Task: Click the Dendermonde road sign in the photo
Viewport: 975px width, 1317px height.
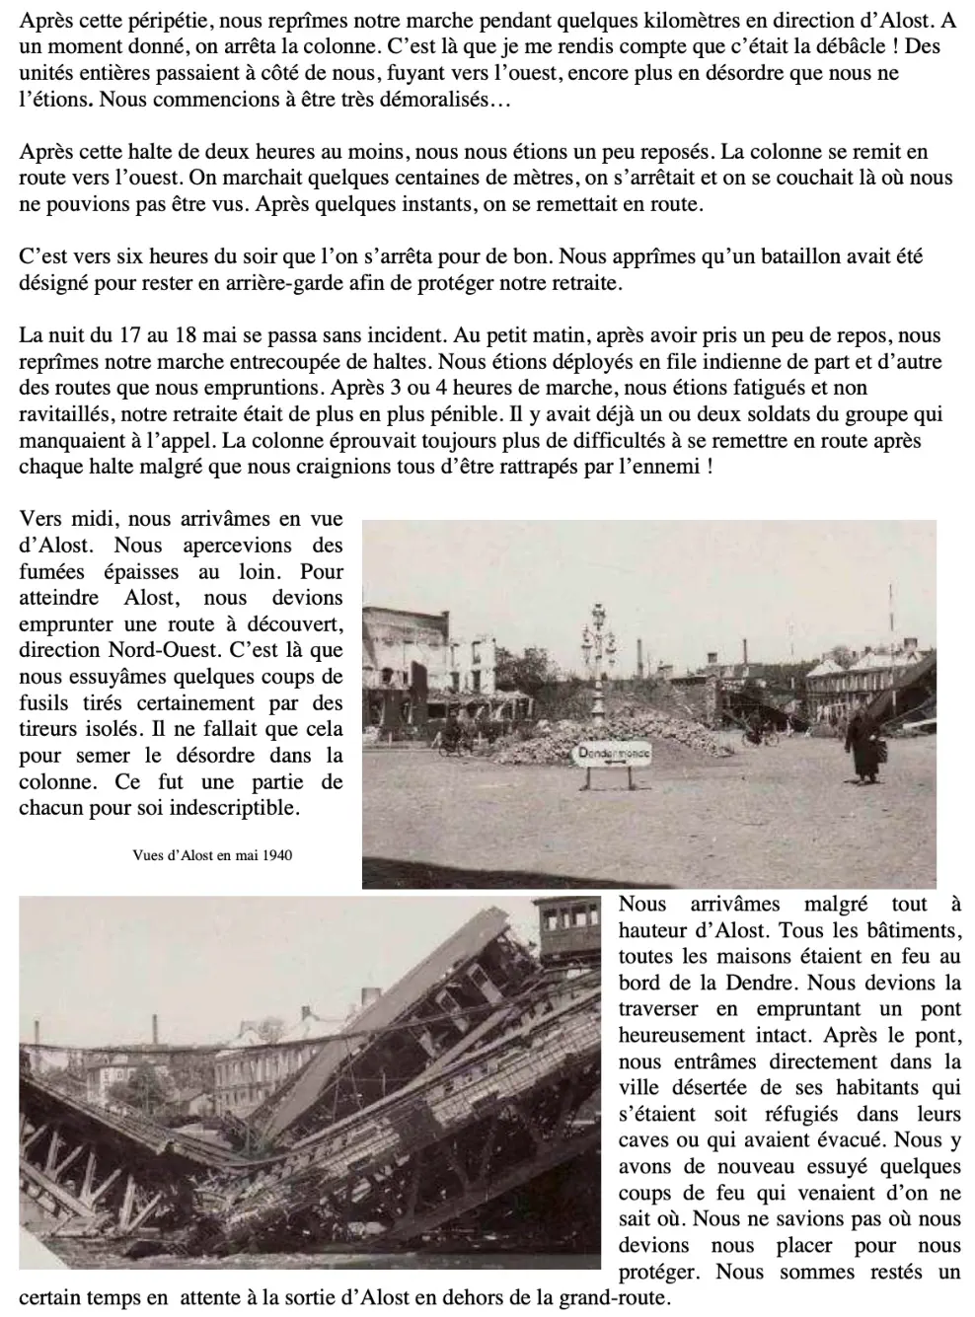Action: click(x=614, y=753)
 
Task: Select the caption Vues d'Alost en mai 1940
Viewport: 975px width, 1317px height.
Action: click(x=212, y=855)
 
